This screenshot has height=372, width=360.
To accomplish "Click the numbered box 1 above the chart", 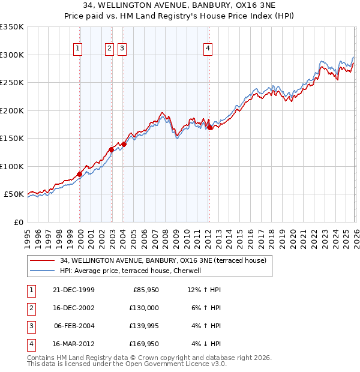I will (x=79, y=49).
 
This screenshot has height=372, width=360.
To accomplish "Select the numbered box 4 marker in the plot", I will (x=208, y=49).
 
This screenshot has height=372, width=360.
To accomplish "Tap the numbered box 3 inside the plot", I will (x=122, y=49).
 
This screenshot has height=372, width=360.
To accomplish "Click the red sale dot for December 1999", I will (x=80, y=174).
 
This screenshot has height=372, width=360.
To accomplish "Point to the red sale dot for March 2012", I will (x=209, y=127).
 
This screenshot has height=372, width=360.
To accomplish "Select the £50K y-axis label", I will (x=14, y=194).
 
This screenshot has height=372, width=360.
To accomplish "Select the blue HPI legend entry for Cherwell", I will (x=134, y=271).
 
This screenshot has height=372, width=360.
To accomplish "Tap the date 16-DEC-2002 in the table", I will (x=74, y=308).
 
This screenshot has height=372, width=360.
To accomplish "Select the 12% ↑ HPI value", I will (x=205, y=290).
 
